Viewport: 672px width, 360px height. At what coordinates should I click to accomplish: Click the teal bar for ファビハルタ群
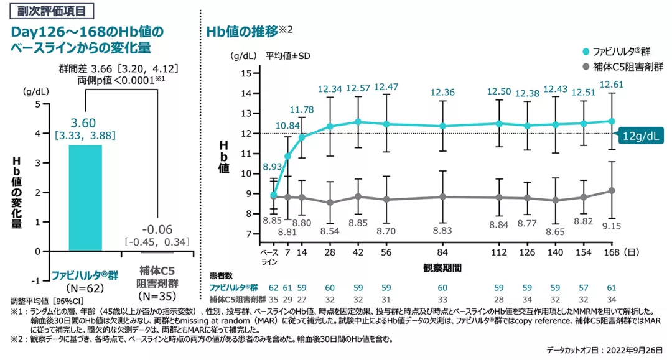coord(85,198)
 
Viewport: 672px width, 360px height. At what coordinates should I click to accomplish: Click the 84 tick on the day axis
coord(442,253)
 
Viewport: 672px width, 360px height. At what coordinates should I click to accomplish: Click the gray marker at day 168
coord(612,190)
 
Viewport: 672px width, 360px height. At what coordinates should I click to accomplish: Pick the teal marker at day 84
coord(442,126)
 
